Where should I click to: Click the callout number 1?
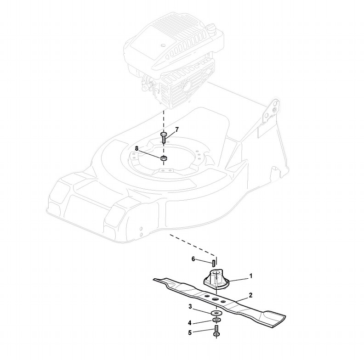pyautogui.click(x=251, y=276)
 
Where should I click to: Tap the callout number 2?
pyautogui.click(x=250, y=295)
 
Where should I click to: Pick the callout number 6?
pyautogui.click(x=193, y=259)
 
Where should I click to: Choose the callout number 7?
pyautogui.click(x=177, y=129)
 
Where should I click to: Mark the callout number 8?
pyautogui.click(x=136, y=148)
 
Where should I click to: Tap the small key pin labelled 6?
pyautogui.click(x=214, y=263)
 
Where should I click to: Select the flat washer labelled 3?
pyautogui.click(x=215, y=313)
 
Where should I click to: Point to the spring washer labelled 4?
pyautogui.click(x=215, y=320)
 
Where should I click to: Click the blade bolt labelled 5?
pyautogui.click(x=215, y=331)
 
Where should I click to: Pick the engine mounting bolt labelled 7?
pyautogui.click(x=163, y=136)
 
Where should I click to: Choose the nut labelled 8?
pyautogui.click(x=163, y=158)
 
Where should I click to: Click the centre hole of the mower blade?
pyautogui.click(x=215, y=299)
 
